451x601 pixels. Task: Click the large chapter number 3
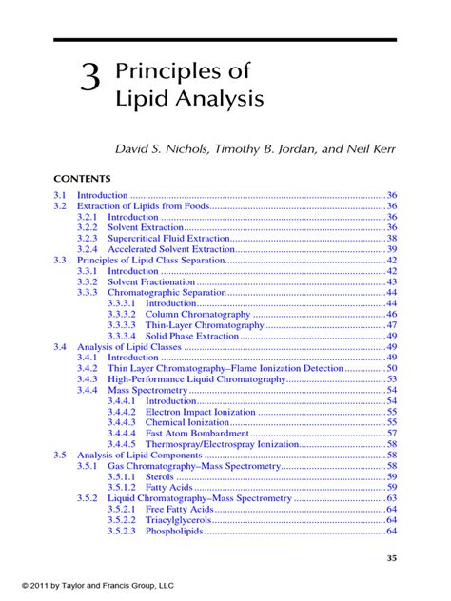coord(89,79)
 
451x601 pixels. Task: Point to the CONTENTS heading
coord(82,179)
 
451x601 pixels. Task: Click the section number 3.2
coord(60,205)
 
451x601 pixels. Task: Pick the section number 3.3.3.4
coord(122,336)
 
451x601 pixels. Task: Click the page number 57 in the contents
coord(392,433)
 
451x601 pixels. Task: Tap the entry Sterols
coord(159,476)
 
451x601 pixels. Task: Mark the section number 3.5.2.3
coord(122,531)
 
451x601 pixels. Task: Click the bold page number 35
coord(390,558)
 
